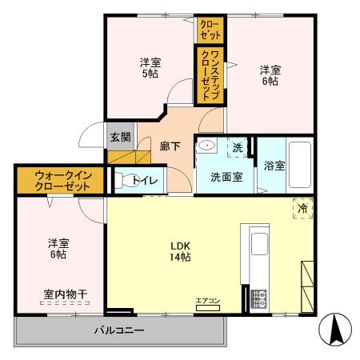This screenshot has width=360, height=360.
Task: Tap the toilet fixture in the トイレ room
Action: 123,181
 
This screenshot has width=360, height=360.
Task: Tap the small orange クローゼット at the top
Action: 211,30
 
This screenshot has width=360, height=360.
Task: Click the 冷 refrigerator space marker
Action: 303,207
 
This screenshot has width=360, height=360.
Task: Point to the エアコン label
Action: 207,301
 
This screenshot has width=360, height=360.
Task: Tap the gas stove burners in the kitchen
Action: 259,298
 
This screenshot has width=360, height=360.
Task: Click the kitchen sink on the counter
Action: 262,246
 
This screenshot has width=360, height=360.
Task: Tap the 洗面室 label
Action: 226,176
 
